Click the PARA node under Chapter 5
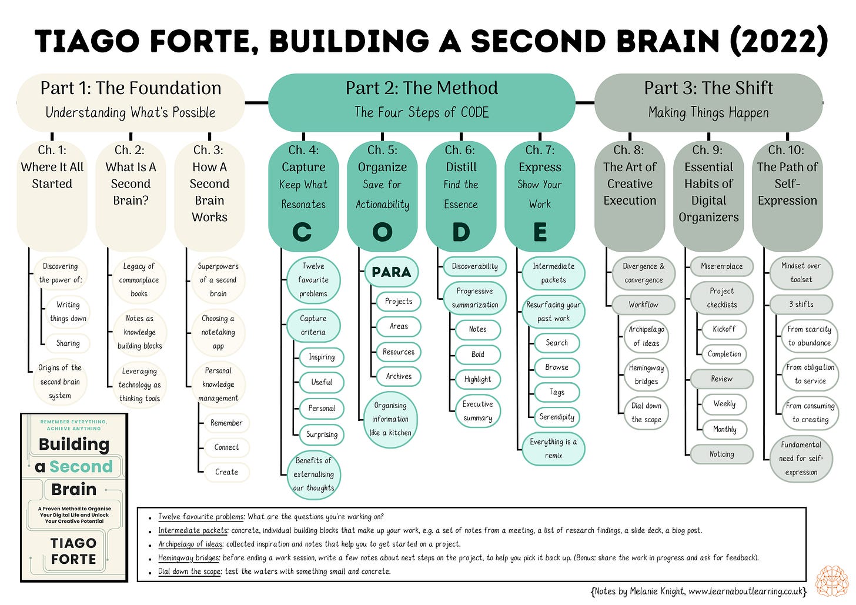coord(391,272)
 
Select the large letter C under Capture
coord(302,232)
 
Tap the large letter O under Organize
coord(382,232)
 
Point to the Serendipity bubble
coord(556,417)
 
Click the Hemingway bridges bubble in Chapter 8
coord(646,375)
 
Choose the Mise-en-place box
coord(721,266)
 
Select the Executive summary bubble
coord(477,411)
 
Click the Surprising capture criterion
coord(322,434)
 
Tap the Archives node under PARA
coord(399,376)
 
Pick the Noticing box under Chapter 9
coord(721,454)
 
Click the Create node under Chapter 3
coord(226,472)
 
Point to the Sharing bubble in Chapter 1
coord(68,343)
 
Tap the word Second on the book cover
coord(81,466)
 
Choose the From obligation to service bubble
coord(810,374)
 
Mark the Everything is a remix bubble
coord(553,449)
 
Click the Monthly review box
coord(724,429)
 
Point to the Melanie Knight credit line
coord(698,591)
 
